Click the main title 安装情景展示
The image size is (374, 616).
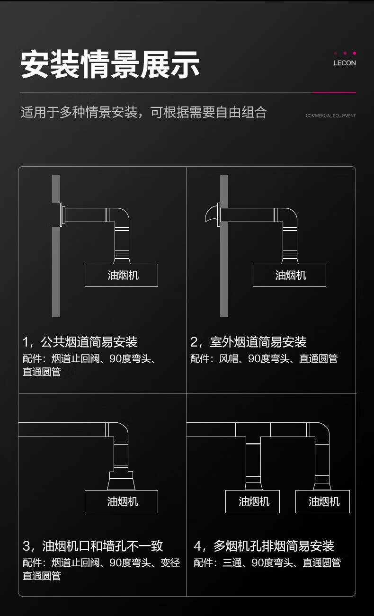pos(110,64)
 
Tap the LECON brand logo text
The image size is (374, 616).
pos(345,63)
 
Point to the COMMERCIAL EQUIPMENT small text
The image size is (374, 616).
pos(330,116)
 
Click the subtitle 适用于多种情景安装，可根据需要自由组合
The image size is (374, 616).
pos(143,112)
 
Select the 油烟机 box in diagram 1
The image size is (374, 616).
pos(121,275)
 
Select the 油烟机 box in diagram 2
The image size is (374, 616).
pos(289,275)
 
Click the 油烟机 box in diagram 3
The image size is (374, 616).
pos(121,501)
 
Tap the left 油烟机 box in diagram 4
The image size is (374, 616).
pos(252,501)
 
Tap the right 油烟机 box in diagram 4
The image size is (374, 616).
pos(322,501)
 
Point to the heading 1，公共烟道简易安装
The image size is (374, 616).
pos(80,342)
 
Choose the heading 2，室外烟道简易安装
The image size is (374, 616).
pos(249,342)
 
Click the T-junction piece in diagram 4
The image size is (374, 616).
pos(253,432)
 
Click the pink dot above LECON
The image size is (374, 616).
pos(355,53)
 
